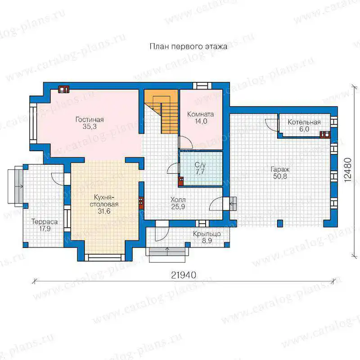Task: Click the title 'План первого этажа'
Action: pyautogui.click(x=189, y=47)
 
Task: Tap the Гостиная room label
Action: pyautogui.click(x=90, y=119)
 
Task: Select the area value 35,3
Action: pyautogui.click(x=90, y=126)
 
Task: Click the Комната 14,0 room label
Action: pyautogui.click(x=200, y=117)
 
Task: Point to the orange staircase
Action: pyautogui.click(x=161, y=111)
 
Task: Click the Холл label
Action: pyautogui.click(x=178, y=200)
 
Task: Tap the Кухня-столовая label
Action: pyautogui.click(x=104, y=201)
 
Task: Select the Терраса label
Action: pyautogui.click(x=45, y=222)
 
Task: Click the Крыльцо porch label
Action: pyautogui.click(x=207, y=234)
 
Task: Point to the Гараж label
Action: pyautogui.click(x=280, y=170)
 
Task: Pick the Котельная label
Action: pyautogui.click(x=304, y=122)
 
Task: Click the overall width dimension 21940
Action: pyautogui.click(x=184, y=275)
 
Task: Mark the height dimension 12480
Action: pyautogui.click(x=348, y=170)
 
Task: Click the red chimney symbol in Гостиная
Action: pyautogui.click(x=63, y=89)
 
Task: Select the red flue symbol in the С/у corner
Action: pyautogui.click(x=181, y=181)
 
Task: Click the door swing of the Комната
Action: pyautogui.click(x=186, y=142)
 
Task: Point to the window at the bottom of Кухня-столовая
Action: pyautogui.click(x=105, y=257)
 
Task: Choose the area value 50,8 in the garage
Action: pyautogui.click(x=280, y=176)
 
